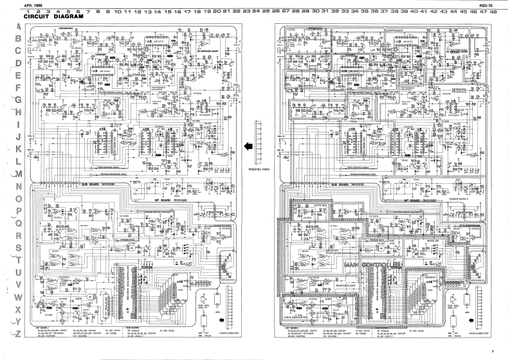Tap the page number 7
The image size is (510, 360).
[491, 352]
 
